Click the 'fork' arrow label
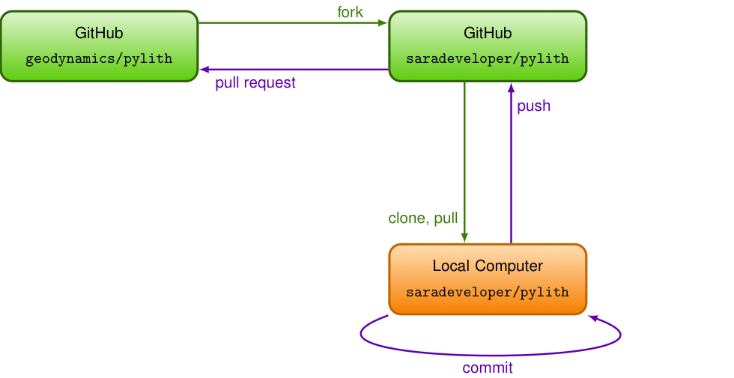[351, 12]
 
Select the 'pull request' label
[255, 83]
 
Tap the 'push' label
[533, 106]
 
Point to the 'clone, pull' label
[422, 218]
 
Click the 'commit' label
[488, 368]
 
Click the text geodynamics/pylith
[99, 59]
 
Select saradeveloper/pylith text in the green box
[488, 59]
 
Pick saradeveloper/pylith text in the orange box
[488, 293]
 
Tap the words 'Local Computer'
[488, 266]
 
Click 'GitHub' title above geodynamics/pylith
[99, 33]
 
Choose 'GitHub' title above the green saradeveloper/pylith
[488, 33]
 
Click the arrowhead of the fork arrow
[383, 22]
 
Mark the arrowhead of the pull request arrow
[204, 70]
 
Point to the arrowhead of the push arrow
[511, 88]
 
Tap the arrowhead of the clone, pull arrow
[464, 238]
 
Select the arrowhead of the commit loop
[593, 319]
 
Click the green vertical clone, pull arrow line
[464, 162]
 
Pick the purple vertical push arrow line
[511, 163]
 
